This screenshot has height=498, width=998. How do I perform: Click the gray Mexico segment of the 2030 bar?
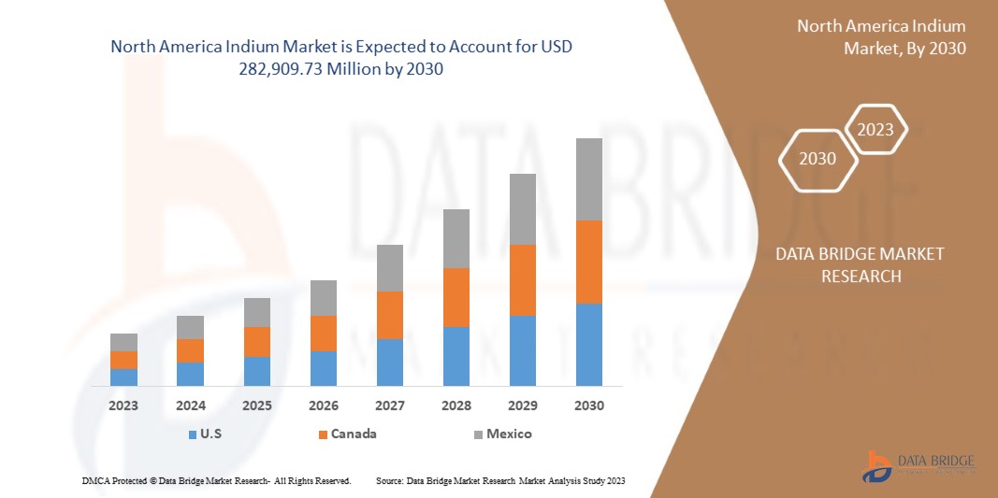click(588, 179)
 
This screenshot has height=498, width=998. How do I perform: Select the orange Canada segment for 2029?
click(522, 280)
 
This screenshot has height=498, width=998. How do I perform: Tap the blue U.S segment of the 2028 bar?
click(456, 356)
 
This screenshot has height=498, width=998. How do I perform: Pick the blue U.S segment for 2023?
click(123, 377)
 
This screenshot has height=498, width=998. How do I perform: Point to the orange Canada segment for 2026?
click(323, 334)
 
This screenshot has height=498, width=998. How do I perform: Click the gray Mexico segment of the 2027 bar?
click(389, 268)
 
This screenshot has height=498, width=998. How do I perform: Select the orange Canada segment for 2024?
click(190, 350)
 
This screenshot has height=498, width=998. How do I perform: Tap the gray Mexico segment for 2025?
click(256, 312)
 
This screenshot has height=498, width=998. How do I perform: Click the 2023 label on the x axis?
click(123, 406)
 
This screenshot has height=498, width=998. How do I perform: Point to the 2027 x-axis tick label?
click(389, 406)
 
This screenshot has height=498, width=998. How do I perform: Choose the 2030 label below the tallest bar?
click(588, 406)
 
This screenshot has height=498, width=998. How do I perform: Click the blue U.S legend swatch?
click(192, 434)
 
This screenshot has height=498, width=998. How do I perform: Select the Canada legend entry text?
click(355, 434)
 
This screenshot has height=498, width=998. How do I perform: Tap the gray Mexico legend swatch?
click(478, 434)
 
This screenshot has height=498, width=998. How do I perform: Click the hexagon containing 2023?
click(875, 131)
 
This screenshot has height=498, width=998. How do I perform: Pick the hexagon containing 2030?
click(817, 159)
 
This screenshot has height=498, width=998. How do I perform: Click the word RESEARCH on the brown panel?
click(861, 276)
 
